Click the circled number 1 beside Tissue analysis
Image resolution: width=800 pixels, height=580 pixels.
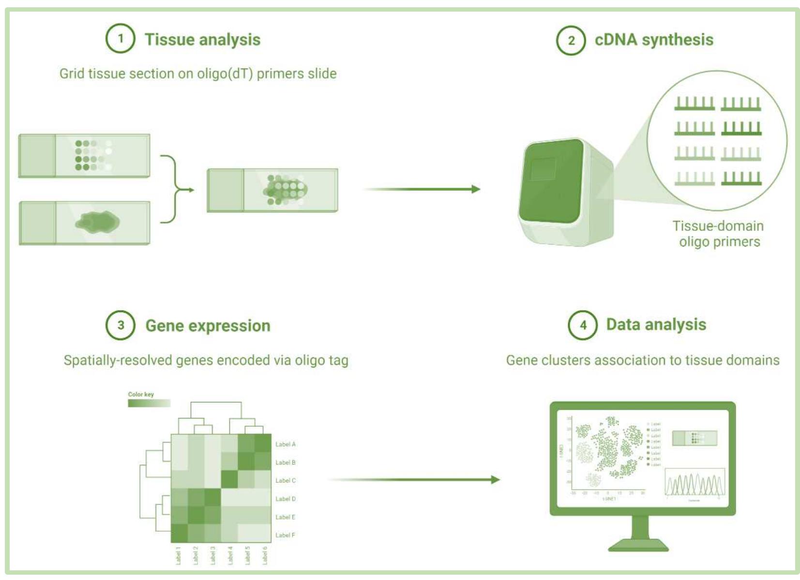pos(120,39)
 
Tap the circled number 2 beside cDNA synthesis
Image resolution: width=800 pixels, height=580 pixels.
pos(571,40)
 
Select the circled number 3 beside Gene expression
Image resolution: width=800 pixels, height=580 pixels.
pos(121,325)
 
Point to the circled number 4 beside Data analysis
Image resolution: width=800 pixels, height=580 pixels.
pos(583,325)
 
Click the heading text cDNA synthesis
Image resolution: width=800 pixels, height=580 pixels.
pos(654,40)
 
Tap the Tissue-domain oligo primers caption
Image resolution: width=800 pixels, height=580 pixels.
pos(719,234)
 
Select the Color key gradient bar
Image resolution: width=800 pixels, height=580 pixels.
pos(149,403)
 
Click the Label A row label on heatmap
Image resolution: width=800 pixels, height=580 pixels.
pos(285,444)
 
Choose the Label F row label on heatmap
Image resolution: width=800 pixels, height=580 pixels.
pos(285,535)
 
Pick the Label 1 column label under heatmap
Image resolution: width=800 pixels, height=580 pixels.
pos(178,555)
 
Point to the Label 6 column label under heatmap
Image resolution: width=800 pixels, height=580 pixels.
pos(265,555)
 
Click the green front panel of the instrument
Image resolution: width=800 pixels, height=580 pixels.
pos(551,181)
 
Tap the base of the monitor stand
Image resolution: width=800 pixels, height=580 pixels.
pos(638,546)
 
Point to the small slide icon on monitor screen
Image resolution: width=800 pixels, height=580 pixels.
pos(694,438)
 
